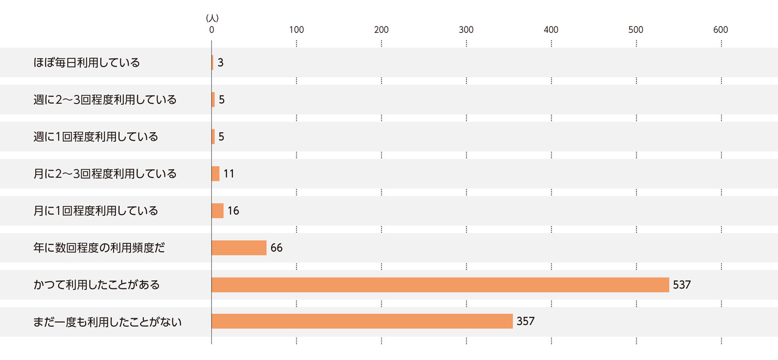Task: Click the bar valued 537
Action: [x=440, y=285]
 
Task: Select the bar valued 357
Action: [x=362, y=322]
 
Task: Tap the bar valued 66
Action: [x=239, y=248]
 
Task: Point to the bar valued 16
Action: [x=217, y=211]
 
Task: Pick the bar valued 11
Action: [x=216, y=174]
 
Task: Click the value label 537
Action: [x=682, y=285]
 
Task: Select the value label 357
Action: [x=525, y=322]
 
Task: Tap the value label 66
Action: [x=276, y=248]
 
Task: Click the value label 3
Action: [x=220, y=63]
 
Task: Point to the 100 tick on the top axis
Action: [x=296, y=30]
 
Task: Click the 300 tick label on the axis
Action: [x=466, y=30]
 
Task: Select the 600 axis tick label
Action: [x=720, y=30]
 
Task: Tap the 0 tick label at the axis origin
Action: [x=212, y=30]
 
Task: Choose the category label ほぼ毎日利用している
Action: [x=87, y=63]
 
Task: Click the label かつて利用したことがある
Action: [x=96, y=285]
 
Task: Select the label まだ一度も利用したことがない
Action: [x=108, y=322]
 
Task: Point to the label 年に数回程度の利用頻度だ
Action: [x=99, y=248]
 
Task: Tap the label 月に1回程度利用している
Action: [x=96, y=211]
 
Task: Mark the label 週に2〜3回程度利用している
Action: [x=105, y=100]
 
